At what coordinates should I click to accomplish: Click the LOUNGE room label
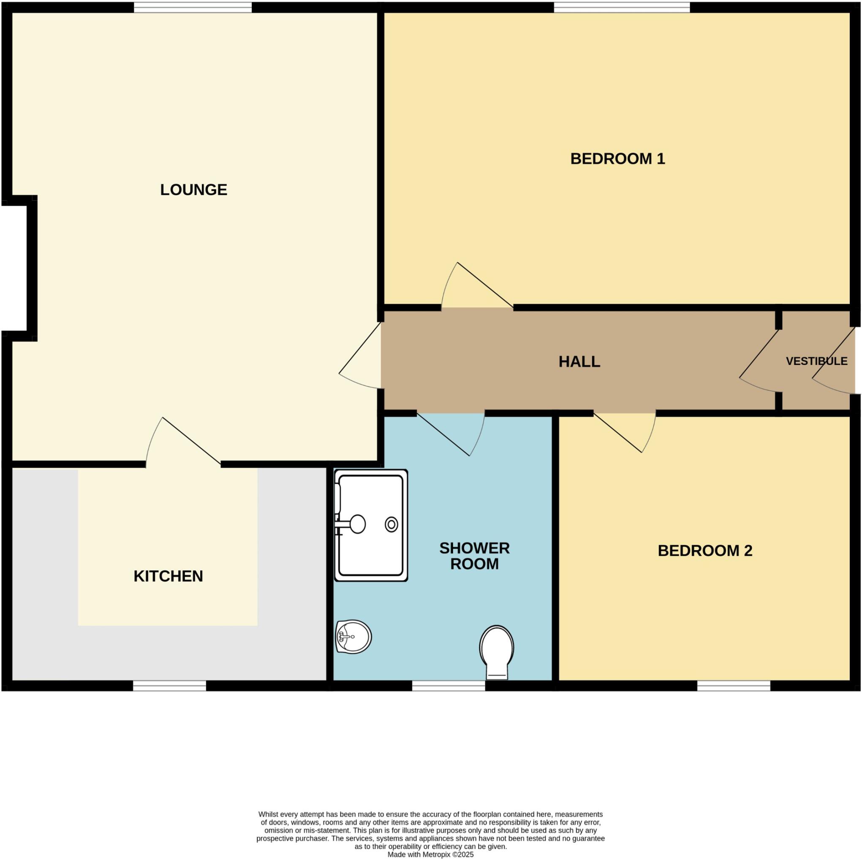tap(193, 190)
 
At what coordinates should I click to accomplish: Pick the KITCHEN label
tap(168, 576)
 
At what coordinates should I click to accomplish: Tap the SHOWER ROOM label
tap(474, 556)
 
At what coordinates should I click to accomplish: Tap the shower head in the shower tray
tap(357, 524)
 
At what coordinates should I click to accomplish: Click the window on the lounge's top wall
tap(193, 7)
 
